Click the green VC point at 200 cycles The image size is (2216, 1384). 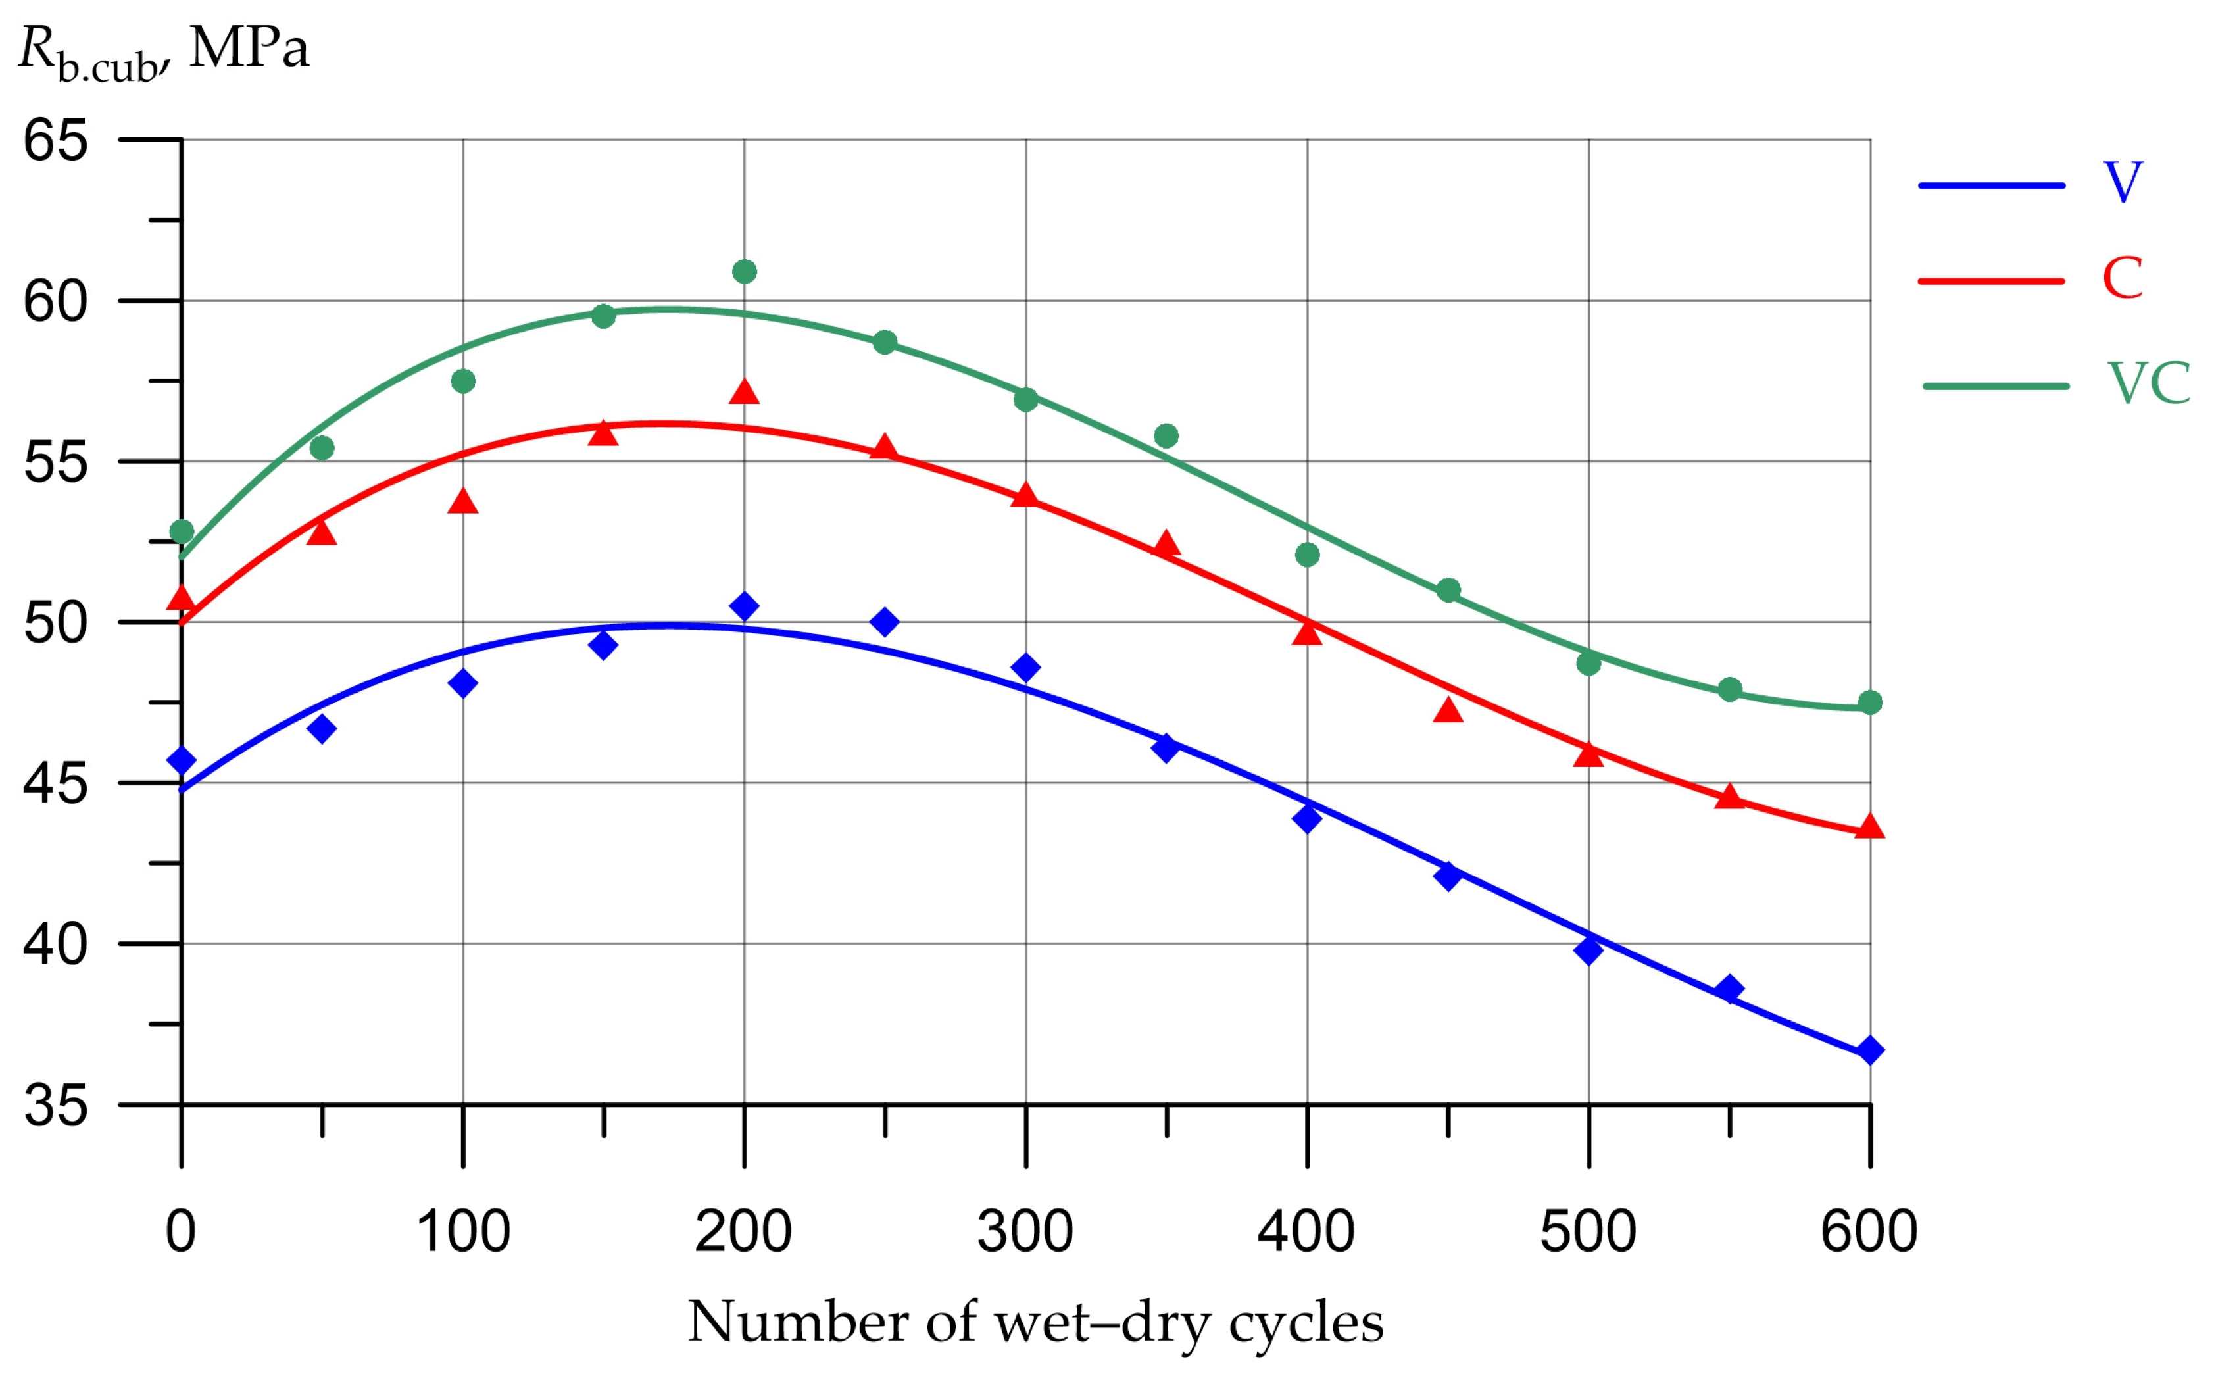click(x=744, y=272)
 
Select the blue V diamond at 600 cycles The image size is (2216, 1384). click(x=1870, y=1050)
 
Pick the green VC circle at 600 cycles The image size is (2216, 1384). click(x=1870, y=702)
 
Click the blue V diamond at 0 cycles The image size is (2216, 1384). click(x=182, y=760)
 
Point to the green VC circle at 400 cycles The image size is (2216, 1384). click(x=1307, y=555)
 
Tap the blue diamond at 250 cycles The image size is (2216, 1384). click(x=884, y=622)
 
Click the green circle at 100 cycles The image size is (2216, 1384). click(x=463, y=381)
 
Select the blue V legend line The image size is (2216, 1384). click(x=1992, y=185)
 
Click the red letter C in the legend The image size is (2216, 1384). click(x=2123, y=278)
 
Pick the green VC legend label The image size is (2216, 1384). click(x=2149, y=383)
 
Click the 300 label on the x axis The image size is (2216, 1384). click(x=1025, y=1232)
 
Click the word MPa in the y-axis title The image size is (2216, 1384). click(x=249, y=47)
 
